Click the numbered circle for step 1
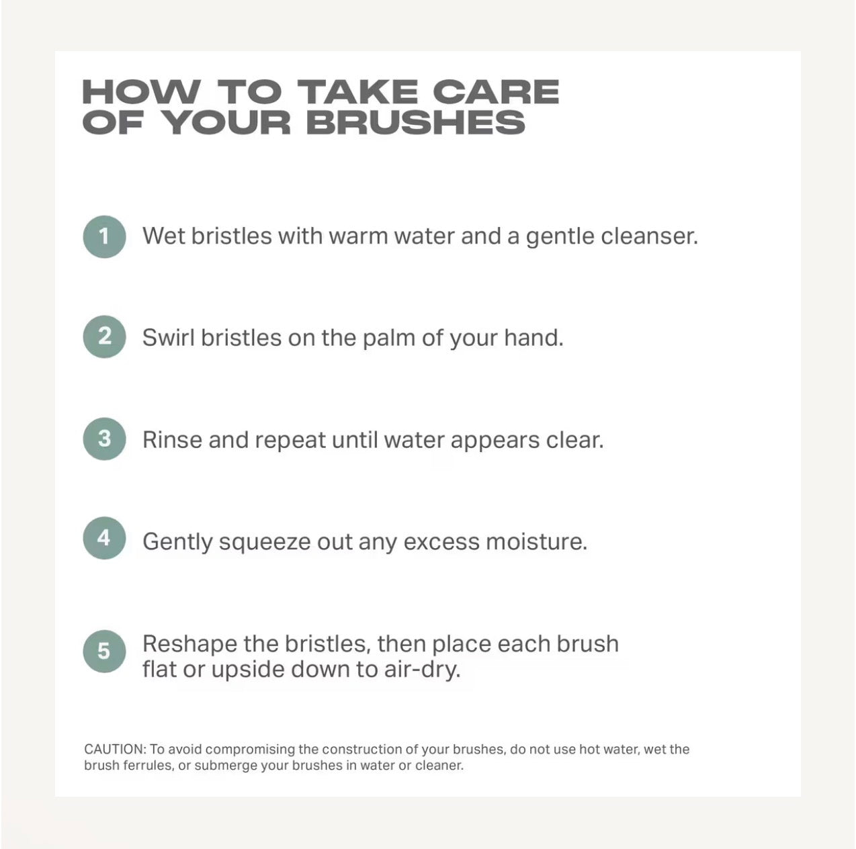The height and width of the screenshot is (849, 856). click(104, 237)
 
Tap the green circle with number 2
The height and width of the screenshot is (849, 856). click(104, 337)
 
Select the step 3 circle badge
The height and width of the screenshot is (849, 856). click(104, 439)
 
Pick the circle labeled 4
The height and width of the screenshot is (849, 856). click(104, 538)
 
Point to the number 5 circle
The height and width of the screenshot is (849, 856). click(104, 652)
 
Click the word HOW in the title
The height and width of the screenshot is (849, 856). click(141, 92)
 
